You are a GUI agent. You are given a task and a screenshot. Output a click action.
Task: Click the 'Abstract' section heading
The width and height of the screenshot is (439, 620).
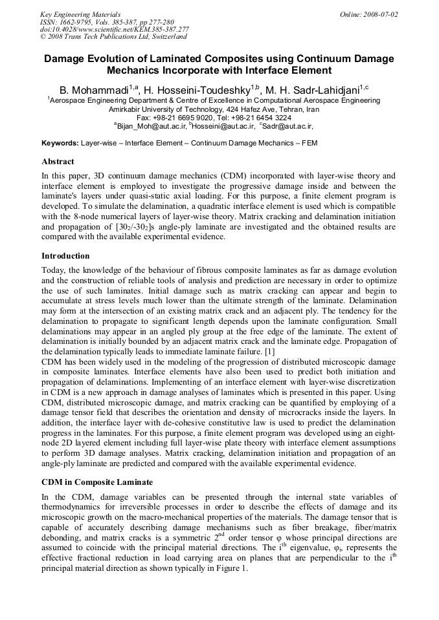coord(58,162)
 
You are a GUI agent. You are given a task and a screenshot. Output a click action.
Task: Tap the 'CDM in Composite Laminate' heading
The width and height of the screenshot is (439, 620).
coord(97,482)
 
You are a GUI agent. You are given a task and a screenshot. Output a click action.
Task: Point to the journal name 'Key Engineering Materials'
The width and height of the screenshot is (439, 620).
coord(80,14)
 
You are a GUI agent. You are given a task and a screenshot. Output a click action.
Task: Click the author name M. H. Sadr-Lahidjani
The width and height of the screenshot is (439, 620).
coord(318,89)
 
